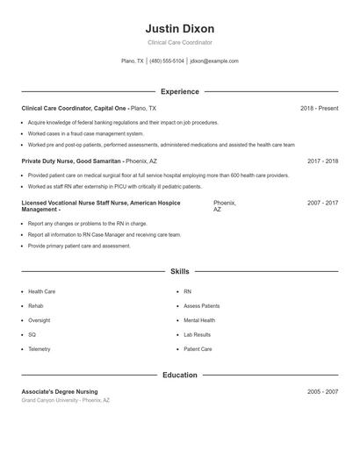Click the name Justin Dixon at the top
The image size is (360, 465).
(179, 29)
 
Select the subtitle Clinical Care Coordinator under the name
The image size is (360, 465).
(179, 42)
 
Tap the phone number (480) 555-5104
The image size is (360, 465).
(167, 61)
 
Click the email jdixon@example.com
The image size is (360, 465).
(214, 61)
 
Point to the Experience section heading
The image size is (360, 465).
(179, 91)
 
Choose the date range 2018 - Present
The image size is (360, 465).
(319, 109)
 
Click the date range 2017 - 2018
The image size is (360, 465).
(322, 161)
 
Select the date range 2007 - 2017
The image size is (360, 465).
(322, 203)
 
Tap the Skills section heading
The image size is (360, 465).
(179, 272)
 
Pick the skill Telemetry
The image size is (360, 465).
(40, 349)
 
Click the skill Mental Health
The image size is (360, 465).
(199, 320)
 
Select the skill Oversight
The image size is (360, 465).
(40, 320)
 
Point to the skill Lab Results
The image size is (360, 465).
(197, 334)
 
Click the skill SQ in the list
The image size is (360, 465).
(32, 334)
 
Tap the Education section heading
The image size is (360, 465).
(179, 375)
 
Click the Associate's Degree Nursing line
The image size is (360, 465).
(60, 391)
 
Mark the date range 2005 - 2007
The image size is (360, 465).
(322, 391)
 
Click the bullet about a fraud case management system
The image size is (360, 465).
(85, 133)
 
